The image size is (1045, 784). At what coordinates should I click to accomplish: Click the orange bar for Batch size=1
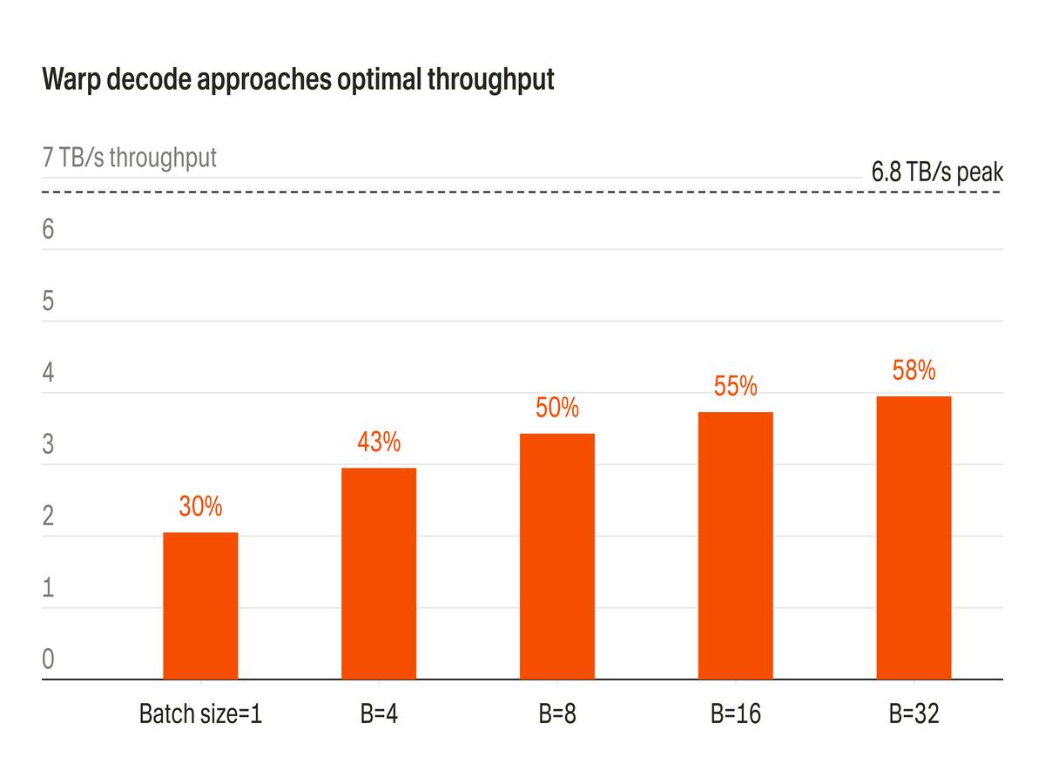200,605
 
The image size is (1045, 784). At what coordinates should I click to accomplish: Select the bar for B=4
379,573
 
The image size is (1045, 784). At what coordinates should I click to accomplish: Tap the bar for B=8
557,556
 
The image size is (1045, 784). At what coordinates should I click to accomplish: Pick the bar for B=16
736,545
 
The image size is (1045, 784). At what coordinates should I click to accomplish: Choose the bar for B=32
914,537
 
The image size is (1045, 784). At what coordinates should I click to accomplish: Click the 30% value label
200,506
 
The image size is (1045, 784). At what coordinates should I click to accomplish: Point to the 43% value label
379,443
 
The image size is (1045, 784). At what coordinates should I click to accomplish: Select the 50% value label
557,408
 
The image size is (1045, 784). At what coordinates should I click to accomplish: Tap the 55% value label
736,386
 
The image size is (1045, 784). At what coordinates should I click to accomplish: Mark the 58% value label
914,370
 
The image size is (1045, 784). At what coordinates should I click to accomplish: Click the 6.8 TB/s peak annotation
937,172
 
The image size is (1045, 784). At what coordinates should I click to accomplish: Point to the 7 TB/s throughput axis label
130,158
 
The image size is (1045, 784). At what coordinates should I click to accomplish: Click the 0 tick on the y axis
49,659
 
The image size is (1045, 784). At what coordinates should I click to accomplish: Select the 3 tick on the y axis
49,444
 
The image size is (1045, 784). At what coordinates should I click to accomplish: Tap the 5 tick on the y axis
49,301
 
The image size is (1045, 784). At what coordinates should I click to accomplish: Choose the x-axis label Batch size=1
200,714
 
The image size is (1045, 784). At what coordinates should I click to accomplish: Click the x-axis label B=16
736,714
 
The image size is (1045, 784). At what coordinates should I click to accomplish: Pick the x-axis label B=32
914,714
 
